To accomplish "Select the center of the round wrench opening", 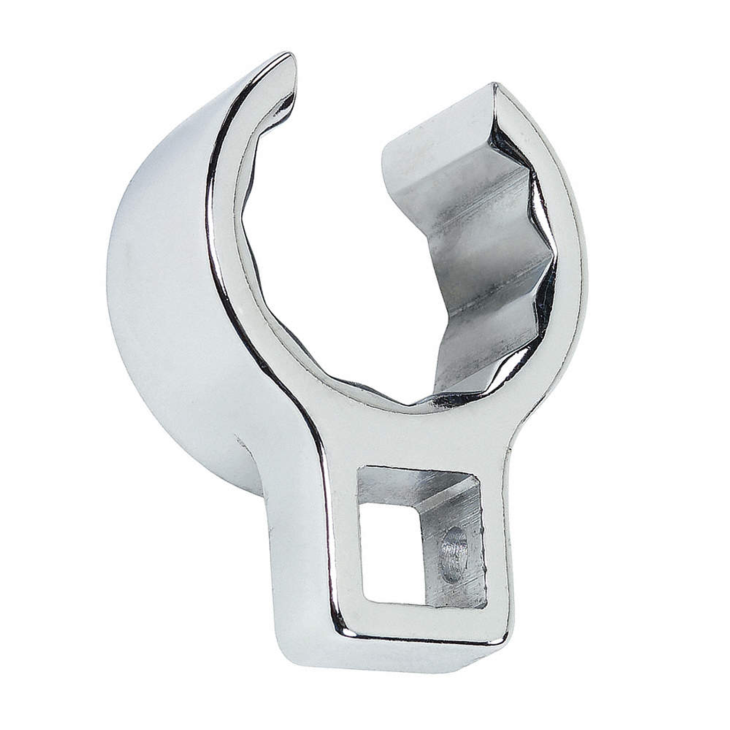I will click(338, 263).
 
